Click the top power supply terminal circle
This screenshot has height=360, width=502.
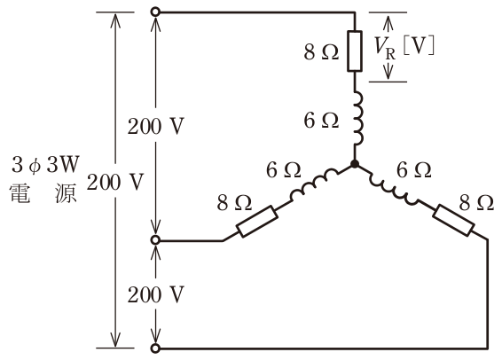(155, 12)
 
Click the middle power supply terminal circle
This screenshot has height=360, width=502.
(155, 240)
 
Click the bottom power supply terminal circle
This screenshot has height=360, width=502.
(155, 348)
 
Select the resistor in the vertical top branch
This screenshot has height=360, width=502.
(355, 51)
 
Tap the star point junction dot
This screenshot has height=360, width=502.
(355, 164)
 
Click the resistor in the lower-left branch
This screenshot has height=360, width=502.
(257, 222)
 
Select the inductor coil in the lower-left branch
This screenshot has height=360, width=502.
(314, 185)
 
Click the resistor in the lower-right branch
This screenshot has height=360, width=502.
(453, 220)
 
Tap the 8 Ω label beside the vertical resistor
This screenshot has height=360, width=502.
(321, 52)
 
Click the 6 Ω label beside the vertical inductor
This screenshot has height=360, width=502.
(321, 121)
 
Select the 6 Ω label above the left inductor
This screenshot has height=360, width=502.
(284, 170)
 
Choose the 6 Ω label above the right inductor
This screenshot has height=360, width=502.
(413, 170)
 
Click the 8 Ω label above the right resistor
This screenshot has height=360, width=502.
(476, 202)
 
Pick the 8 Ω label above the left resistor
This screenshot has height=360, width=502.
(234, 202)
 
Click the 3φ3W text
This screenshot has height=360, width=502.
(45, 165)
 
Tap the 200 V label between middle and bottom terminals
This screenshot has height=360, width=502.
(156, 294)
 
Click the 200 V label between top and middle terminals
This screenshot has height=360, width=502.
(156, 127)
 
